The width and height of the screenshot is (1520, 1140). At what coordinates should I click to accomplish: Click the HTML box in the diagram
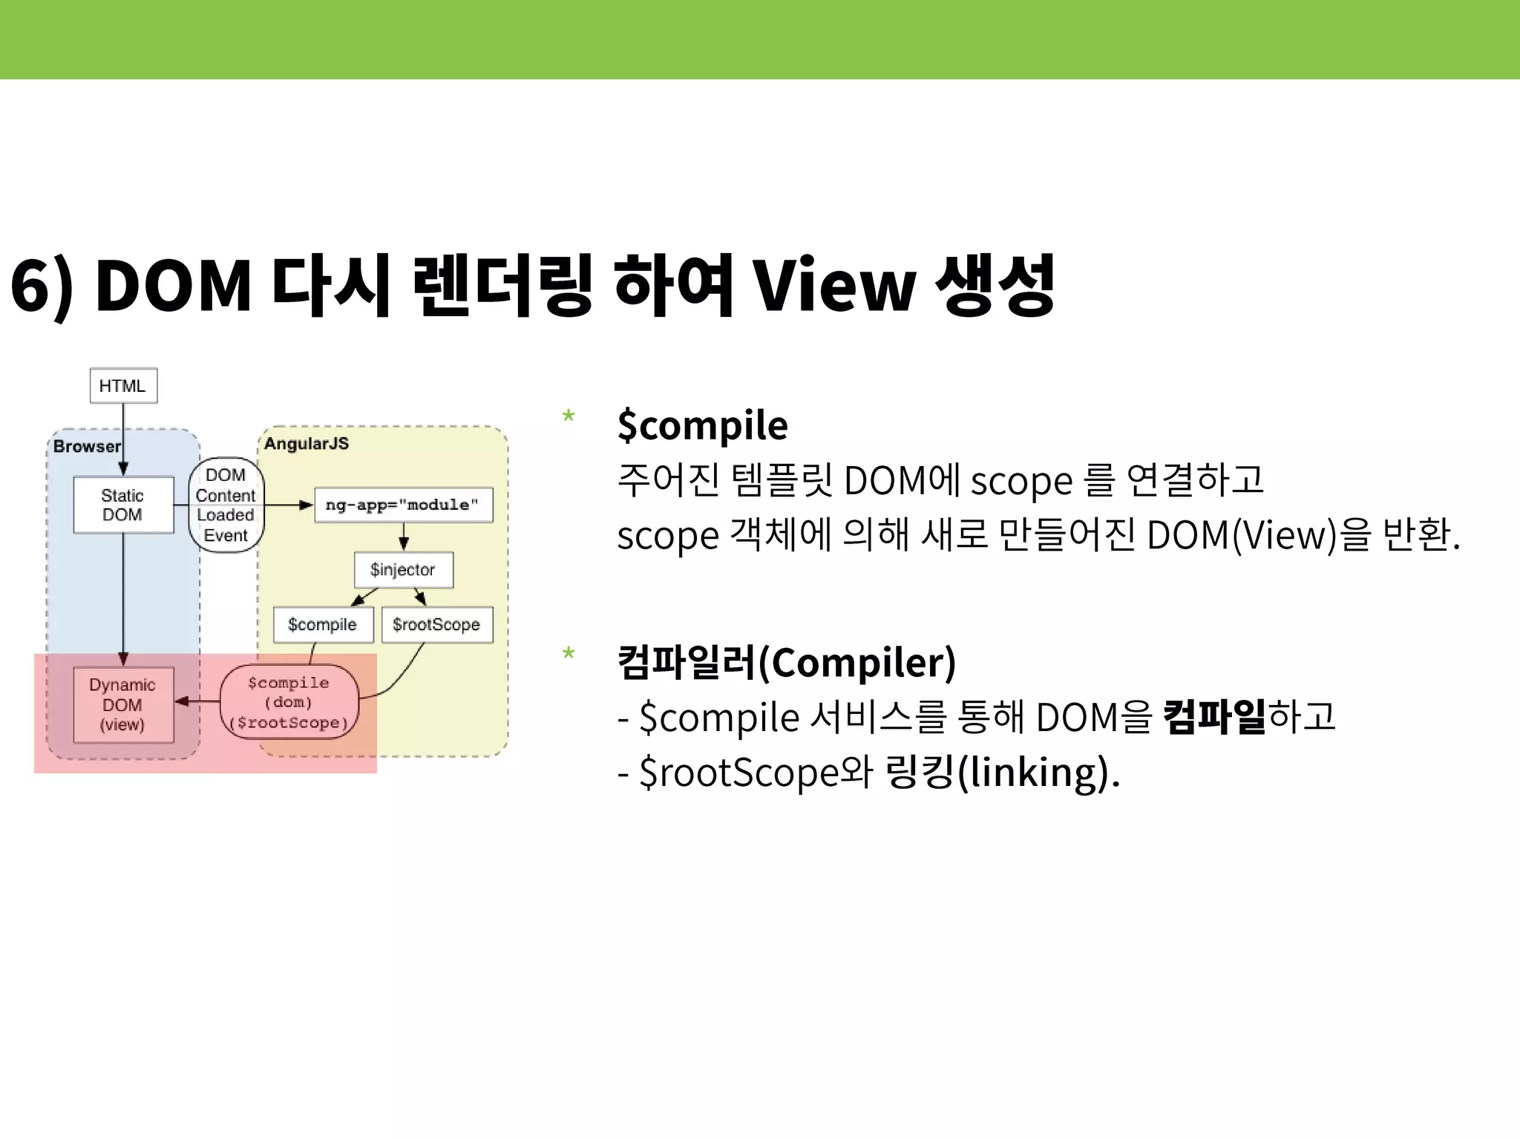pos(123,386)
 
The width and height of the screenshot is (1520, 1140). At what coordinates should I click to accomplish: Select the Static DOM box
pos(123,505)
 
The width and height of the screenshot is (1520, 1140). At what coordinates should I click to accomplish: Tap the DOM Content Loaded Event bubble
pos(226,505)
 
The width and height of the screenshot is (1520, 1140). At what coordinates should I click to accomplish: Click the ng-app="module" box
pos(403,505)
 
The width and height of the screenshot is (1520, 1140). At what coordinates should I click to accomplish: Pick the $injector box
pos(403,570)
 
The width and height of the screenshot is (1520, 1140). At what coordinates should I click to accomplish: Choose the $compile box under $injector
pos(323,624)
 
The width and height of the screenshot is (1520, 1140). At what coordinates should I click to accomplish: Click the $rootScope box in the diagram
pos(436,624)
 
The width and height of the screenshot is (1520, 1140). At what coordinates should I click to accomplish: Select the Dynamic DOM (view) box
pos(123,704)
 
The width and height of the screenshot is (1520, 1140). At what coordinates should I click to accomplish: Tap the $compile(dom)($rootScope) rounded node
pos(289,702)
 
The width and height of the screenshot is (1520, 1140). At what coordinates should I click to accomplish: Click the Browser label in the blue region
pos(86,446)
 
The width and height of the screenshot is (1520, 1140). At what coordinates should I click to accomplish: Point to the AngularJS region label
pos(306,444)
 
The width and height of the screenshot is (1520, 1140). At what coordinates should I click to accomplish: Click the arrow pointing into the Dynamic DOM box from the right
pos(194,701)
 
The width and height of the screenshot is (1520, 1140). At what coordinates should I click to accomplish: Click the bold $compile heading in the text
pos(702,425)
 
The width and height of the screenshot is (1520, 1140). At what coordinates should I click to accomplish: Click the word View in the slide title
pos(834,285)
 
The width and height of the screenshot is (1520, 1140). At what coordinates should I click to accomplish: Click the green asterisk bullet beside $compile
pos(569,416)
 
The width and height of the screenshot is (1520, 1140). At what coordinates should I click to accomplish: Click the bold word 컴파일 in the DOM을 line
pos(1214,716)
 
